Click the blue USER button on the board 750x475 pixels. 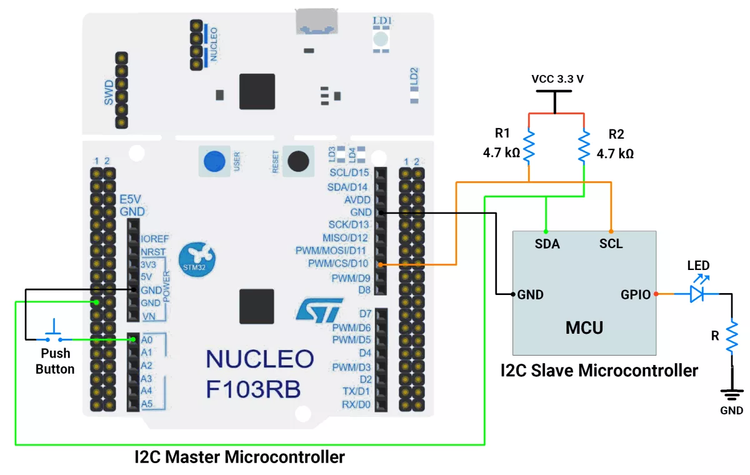click(x=214, y=161)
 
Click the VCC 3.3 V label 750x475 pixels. click(x=557, y=79)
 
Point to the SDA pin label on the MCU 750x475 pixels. click(x=547, y=244)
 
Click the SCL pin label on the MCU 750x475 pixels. click(x=611, y=244)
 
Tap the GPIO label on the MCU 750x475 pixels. click(x=636, y=294)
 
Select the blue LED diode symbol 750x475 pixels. click(x=698, y=294)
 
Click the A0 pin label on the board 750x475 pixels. click(x=147, y=339)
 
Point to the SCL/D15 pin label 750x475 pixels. click(x=349, y=172)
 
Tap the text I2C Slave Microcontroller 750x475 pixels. click(x=599, y=370)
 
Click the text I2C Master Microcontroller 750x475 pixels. click(x=240, y=457)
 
